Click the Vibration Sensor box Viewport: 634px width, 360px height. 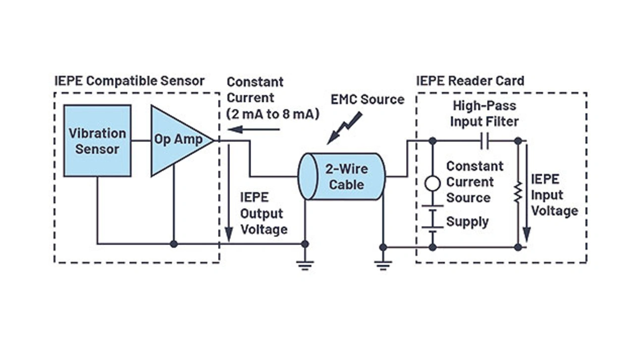coord(97,141)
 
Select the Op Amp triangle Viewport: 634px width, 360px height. coord(176,140)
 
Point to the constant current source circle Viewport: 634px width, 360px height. coord(433,184)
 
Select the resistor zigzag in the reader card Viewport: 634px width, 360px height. coord(518,193)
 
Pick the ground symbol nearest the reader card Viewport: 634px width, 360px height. coord(383,264)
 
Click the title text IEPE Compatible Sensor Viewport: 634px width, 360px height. coord(129,81)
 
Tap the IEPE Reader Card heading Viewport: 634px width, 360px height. coord(470,81)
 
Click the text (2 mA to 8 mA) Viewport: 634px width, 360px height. coord(273,114)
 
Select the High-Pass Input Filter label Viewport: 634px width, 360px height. coord(484,113)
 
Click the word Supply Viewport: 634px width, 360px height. coord(467,221)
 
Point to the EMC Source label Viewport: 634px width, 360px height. coord(368,99)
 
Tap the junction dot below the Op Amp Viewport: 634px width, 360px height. coord(174,244)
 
